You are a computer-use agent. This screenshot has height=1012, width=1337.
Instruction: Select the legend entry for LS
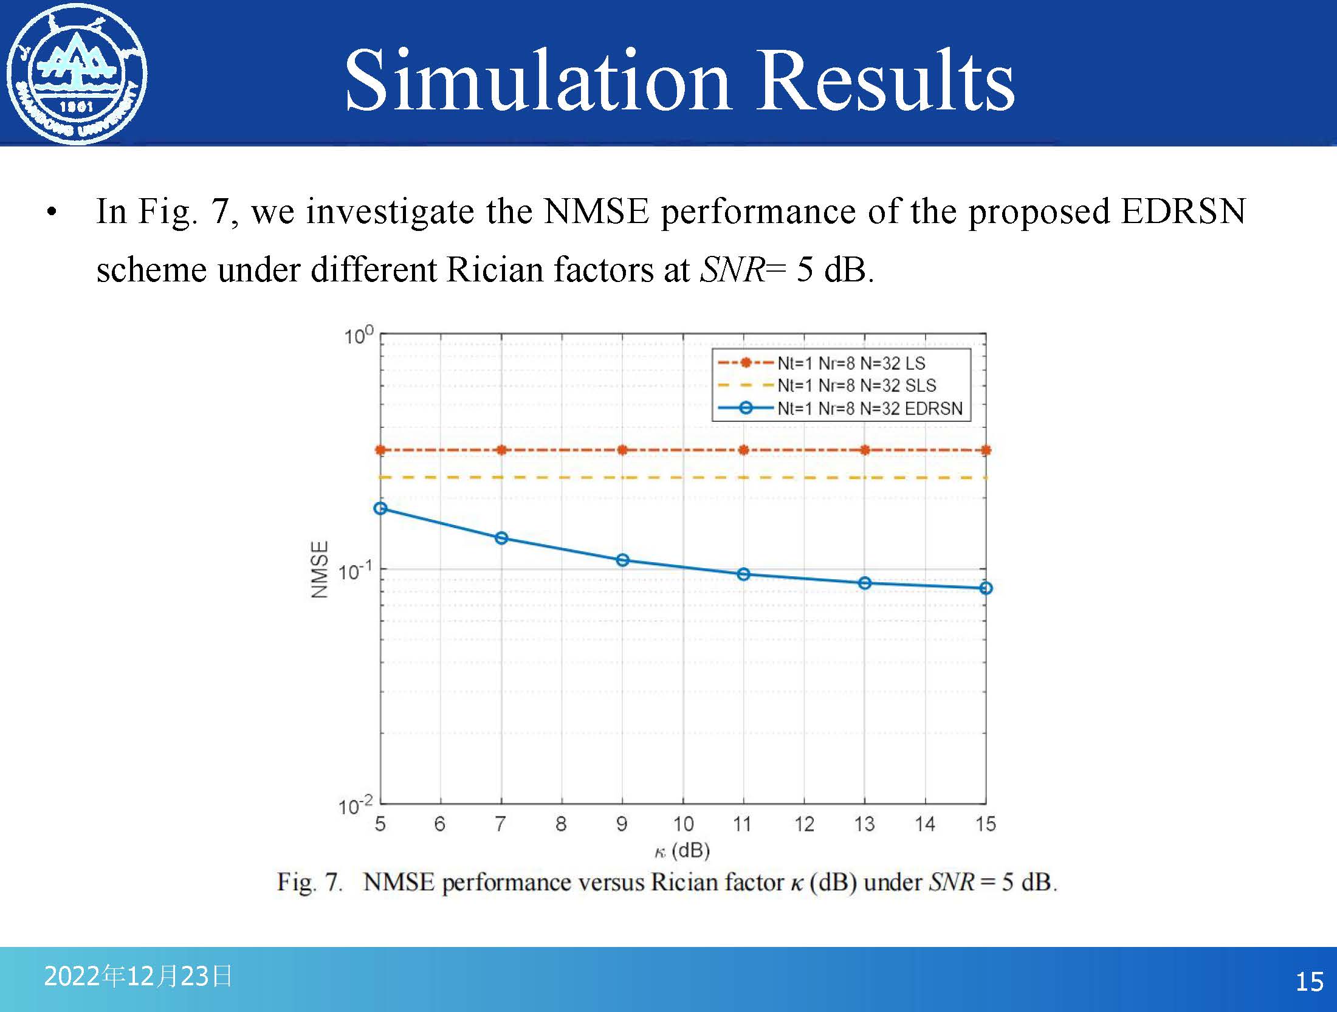(851, 363)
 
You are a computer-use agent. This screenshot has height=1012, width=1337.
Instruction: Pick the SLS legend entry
(856, 385)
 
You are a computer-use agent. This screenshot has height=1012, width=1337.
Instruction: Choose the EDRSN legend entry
(870, 408)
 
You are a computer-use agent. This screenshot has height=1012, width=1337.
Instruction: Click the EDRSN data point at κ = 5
(380, 509)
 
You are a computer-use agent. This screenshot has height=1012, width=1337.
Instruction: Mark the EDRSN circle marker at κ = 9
(622, 560)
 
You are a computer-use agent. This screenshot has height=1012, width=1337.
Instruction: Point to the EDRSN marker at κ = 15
(986, 588)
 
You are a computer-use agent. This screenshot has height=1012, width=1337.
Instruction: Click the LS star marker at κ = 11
(743, 450)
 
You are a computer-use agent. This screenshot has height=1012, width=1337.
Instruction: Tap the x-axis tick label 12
(804, 824)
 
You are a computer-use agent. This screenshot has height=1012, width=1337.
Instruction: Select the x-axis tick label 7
(501, 824)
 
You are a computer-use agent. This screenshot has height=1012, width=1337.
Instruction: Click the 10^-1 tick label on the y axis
(354, 571)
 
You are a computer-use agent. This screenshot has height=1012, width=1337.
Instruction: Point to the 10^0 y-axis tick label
(358, 336)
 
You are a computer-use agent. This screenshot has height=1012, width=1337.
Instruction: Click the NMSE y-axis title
(320, 570)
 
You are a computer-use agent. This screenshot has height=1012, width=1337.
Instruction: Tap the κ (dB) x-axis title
(682, 850)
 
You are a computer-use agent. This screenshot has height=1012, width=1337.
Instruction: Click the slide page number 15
(1309, 982)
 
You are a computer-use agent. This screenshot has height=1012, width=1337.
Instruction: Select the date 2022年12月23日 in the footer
(138, 976)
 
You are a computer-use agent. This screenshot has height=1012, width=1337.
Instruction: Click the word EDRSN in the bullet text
(1183, 212)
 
